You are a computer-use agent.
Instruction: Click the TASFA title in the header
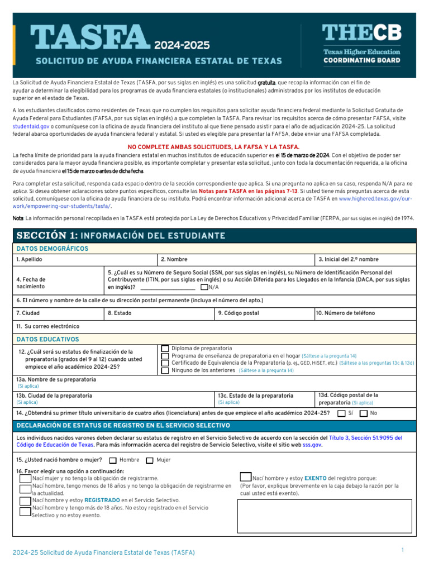(90, 37)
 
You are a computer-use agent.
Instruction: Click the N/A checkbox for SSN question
(204, 287)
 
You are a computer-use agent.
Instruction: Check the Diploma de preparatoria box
(165, 349)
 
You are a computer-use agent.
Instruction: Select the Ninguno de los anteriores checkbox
(165, 370)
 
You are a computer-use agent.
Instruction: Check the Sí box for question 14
(341, 413)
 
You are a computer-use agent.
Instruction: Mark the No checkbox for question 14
(364, 413)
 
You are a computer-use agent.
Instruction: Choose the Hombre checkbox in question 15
(113, 460)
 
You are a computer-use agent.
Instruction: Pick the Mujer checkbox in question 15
(150, 460)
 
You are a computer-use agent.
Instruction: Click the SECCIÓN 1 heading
(121, 236)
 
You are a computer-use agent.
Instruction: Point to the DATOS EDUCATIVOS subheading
(48, 339)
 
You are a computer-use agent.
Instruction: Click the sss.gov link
(313, 445)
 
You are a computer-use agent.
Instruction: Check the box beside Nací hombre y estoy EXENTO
(245, 478)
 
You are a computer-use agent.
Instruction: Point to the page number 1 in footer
(402, 551)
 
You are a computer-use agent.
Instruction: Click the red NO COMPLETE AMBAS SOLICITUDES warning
(214, 146)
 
